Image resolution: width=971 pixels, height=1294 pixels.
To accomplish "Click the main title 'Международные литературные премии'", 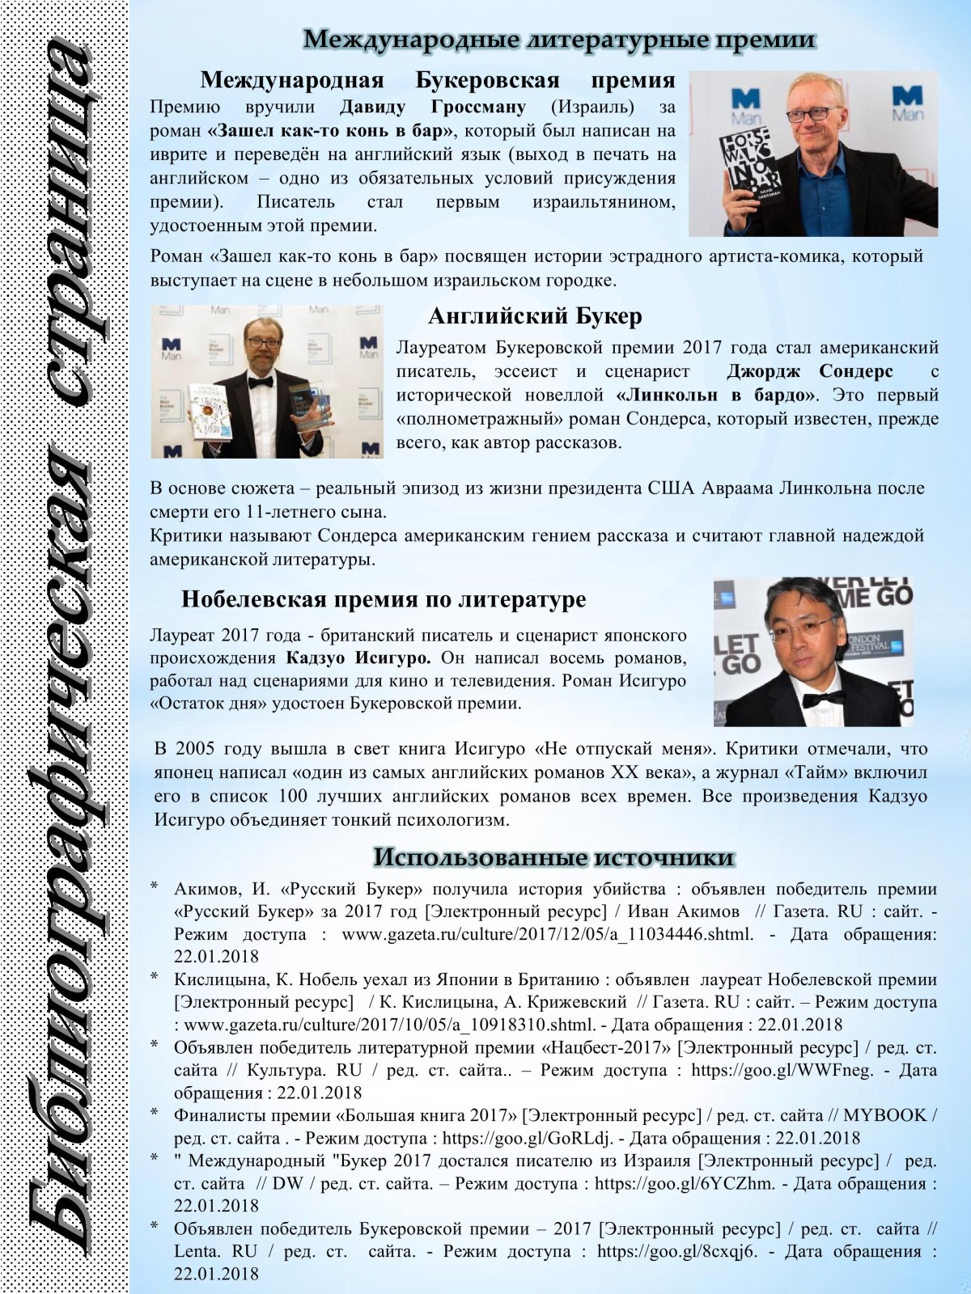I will (558, 39).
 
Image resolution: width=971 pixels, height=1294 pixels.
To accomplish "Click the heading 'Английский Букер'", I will (534, 315).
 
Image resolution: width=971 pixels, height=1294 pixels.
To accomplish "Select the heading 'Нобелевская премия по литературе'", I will (384, 599).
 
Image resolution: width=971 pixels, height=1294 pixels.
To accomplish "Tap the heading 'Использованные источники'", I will (553, 857).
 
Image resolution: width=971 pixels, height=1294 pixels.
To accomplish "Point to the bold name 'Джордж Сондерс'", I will (810, 371).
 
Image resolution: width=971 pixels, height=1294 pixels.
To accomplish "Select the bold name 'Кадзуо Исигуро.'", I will (358, 658).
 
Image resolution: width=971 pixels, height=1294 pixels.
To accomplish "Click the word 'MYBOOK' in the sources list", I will (884, 1115).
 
